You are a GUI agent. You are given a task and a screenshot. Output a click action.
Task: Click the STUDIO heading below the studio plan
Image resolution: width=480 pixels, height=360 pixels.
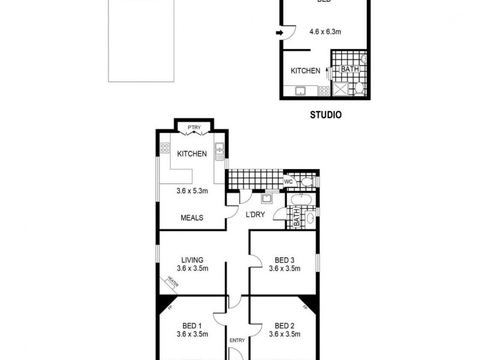pyautogui.click(x=326, y=115)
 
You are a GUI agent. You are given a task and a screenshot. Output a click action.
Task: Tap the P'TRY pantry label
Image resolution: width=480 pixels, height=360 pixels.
pyautogui.click(x=193, y=127)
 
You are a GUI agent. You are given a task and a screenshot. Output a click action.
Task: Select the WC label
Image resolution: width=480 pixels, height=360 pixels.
pyautogui.click(x=288, y=181)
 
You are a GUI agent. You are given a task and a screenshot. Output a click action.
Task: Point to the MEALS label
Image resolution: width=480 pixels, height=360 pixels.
pyautogui.click(x=192, y=218)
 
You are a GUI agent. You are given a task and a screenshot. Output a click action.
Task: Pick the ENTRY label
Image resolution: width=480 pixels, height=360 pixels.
pyautogui.click(x=238, y=340)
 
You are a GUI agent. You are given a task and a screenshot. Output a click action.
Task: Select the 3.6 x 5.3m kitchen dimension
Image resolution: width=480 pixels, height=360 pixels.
pyautogui.click(x=192, y=192)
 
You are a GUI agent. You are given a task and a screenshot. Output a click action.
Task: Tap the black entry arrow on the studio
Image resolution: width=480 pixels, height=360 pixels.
pyautogui.click(x=280, y=32)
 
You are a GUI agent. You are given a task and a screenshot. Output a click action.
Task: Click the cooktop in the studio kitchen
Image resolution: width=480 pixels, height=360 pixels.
pyautogui.click(x=323, y=91)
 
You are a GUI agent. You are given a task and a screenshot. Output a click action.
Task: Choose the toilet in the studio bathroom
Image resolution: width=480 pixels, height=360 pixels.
pyautogui.click(x=358, y=89)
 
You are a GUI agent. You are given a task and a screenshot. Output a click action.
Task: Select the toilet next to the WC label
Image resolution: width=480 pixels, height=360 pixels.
pyautogui.click(x=307, y=181)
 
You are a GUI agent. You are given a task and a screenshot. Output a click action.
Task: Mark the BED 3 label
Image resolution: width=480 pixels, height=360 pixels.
pyautogui.click(x=284, y=260)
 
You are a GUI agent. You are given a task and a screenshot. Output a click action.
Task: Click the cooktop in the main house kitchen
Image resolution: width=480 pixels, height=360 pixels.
pyautogui.click(x=165, y=148)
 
